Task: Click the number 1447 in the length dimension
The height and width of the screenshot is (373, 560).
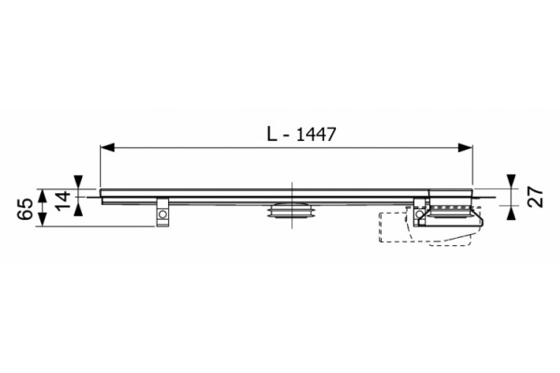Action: [316, 134]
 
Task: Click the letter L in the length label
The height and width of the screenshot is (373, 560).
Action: [273, 134]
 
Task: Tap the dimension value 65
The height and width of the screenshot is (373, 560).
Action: [26, 209]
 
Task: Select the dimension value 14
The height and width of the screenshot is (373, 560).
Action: [63, 201]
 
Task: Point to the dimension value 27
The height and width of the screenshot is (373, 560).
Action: [536, 197]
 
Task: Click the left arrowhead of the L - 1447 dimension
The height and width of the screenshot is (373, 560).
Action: [107, 147]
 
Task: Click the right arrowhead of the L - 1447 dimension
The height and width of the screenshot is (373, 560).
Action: [466, 147]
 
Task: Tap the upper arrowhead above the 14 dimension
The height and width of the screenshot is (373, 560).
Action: [78, 181]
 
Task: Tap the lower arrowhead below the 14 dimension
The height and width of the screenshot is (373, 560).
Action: [78, 209]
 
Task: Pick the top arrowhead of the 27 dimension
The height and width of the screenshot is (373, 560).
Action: [511, 181]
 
